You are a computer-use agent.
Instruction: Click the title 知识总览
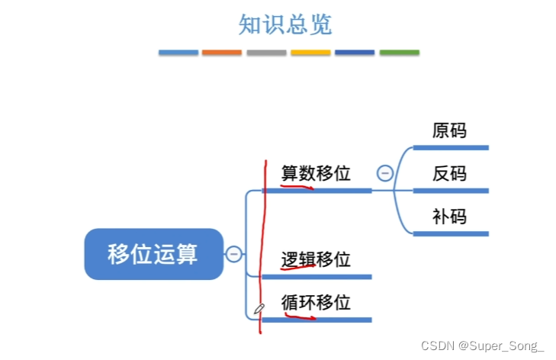pos(285,24)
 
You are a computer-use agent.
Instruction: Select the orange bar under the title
pos(222,53)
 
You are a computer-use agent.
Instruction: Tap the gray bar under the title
pos(266,53)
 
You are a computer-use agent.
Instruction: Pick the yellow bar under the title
pos(310,53)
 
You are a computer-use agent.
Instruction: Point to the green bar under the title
pos(400,53)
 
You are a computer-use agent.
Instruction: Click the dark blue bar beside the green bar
pos(355,53)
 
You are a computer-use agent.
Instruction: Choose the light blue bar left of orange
pos(178,53)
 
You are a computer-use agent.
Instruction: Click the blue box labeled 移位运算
pos(153,253)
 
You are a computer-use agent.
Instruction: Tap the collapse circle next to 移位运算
pos(234,254)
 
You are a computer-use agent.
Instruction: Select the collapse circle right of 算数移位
pos(385,173)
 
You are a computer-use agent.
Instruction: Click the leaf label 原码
pos(449,130)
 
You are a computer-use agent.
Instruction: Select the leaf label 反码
pos(449,174)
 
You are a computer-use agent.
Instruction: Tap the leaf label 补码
pos(449,217)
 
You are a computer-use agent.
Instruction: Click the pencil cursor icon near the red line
pos(259,309)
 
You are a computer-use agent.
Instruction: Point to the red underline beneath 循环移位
pos(299,314)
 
